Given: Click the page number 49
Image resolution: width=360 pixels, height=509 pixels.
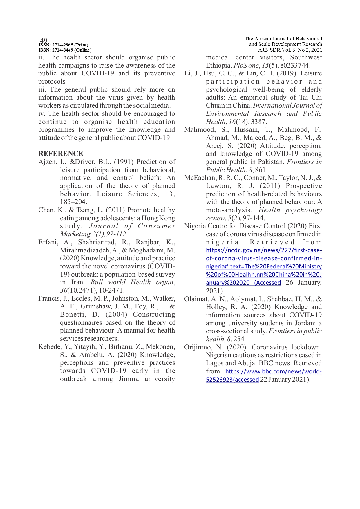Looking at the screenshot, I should point(44,40).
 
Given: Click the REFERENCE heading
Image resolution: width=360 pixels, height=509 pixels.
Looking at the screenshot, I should point(61,154).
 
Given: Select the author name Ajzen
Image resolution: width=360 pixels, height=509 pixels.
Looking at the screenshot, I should point(47,162).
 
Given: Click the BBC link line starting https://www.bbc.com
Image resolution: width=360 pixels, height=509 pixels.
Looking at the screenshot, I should point(274,371).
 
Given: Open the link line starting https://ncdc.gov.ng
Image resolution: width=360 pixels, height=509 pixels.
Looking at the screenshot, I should point(264,250).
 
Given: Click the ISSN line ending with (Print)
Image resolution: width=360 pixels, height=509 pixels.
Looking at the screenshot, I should point(64,45).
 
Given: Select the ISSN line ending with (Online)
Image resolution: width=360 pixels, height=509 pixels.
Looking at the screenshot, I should point(65,50).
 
